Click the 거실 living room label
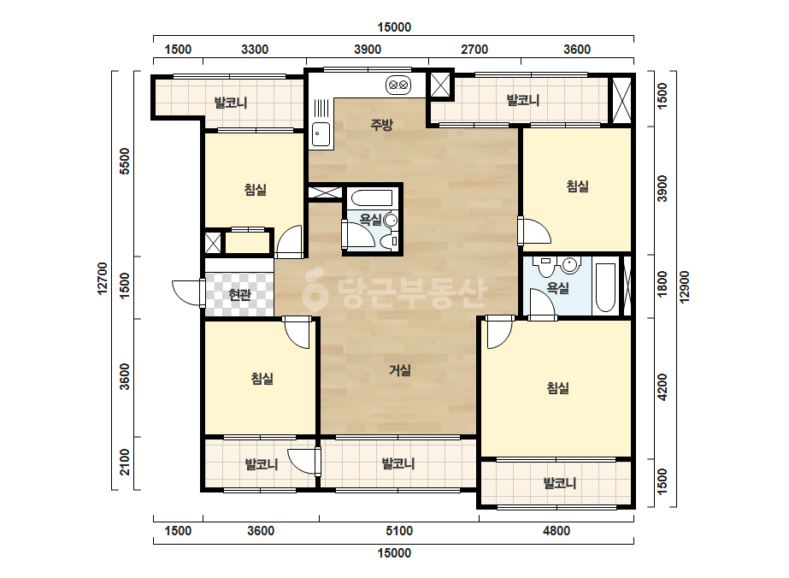point(400,370)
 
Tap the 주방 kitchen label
point(381,124)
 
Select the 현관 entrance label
point(239,294)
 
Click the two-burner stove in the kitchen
point(398,86)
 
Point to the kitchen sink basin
point(321,134)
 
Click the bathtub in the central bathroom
point(372,198)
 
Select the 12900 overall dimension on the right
point(684,287)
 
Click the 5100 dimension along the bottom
point(399,531)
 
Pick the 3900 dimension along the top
point(368,50)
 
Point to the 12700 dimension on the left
point(102,279)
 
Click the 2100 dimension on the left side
point(125,463)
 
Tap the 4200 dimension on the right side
point(662,387)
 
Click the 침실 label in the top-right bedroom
point(578,186)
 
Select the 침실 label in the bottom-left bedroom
point(262,378)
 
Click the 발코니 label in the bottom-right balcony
point(560,483)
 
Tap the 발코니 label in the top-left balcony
point(231,103)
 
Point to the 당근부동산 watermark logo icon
point(315,290)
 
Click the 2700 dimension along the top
point(474,50)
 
